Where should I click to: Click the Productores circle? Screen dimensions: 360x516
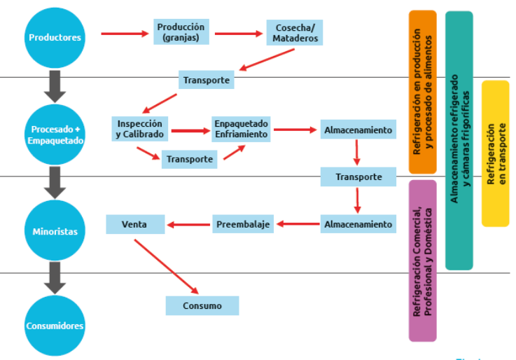click(x=55, y=37)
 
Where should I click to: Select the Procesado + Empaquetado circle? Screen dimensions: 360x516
click(x=55, y=134)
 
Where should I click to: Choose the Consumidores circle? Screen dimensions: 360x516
click(x=55, y=325)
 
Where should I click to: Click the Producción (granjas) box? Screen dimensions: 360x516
click(x=181, y=32)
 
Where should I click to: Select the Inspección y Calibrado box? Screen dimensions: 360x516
click(x=140, y=128)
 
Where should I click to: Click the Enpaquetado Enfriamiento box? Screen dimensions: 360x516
click(x=242, y=129)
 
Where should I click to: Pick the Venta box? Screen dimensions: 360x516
click(x=135, y=225)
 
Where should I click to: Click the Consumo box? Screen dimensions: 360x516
click(x=202, y=305)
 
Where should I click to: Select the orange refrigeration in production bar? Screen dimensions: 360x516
click(x=422, y=92)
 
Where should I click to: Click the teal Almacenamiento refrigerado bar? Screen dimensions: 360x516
click(x=459, y=140)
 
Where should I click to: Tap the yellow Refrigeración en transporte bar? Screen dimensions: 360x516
click(x=495, y=153)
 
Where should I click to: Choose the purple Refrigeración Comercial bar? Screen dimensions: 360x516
click(x=422, y=260)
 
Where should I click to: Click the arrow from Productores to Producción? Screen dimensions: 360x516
click(x=126, y=33)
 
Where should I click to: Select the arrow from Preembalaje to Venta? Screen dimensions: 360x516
click(x=189, y=225)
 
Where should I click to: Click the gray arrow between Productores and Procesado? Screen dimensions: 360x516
click(x=55, y=87)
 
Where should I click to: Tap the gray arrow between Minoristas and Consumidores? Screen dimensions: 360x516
click(x=55, y=278)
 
